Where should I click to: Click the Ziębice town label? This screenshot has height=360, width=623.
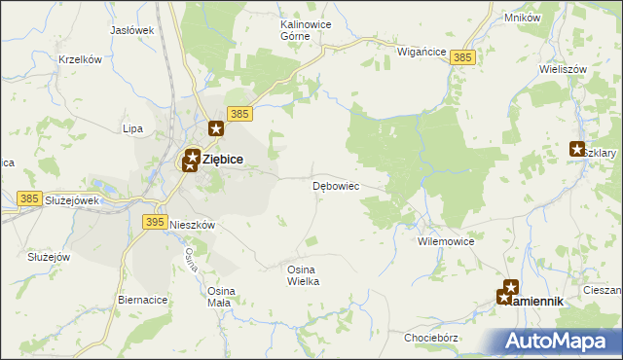point(223,160)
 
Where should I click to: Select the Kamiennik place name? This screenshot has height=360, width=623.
point(536,302)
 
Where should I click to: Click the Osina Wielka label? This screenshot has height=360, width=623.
point(303,274)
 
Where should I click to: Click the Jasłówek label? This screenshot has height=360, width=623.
point(132,30)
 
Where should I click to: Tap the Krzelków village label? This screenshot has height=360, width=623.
point(80,59)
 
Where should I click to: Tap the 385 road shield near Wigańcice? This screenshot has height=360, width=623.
point(463,59)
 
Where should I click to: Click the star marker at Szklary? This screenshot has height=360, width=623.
point(577,149)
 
